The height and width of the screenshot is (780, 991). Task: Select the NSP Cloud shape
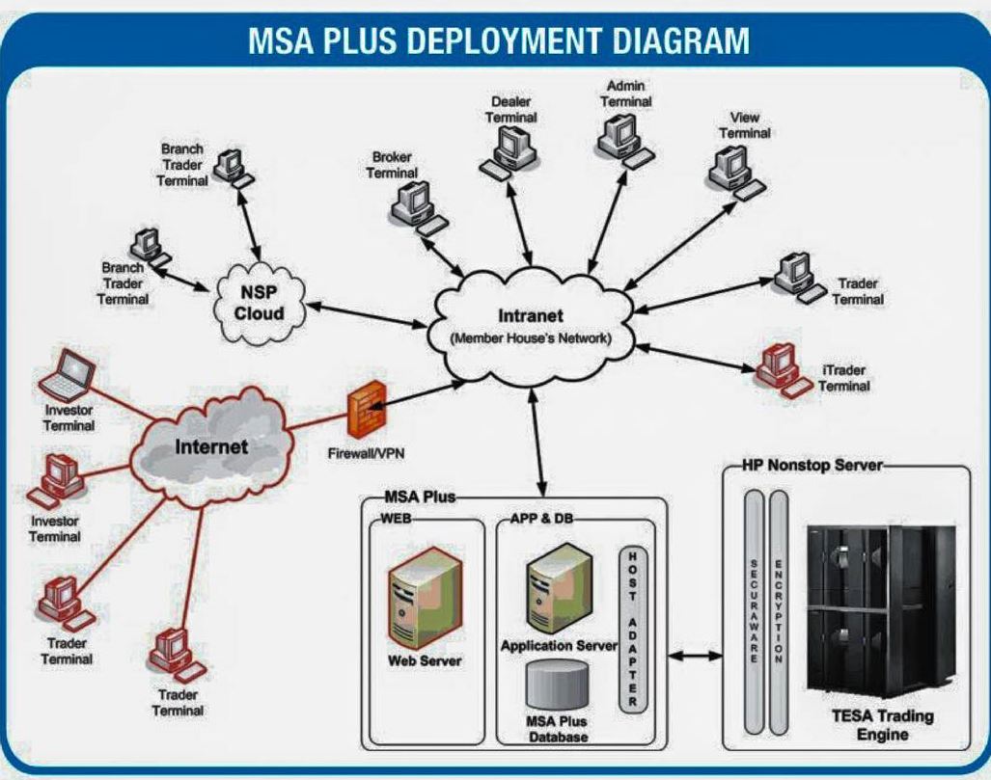click(x=261, y=301)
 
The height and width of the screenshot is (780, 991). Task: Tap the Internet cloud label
click(x=211, y=447)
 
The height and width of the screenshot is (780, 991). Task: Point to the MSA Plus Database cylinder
click(x=557, y=686)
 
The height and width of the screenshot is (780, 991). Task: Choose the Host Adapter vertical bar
click(x=632, y=632)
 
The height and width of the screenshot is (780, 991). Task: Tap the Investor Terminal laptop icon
click(x=68, y=376)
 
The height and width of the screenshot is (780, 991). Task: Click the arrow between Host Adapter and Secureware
click(x=696, y=657)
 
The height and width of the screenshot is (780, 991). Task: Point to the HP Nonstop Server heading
click(x=812, y=465)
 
